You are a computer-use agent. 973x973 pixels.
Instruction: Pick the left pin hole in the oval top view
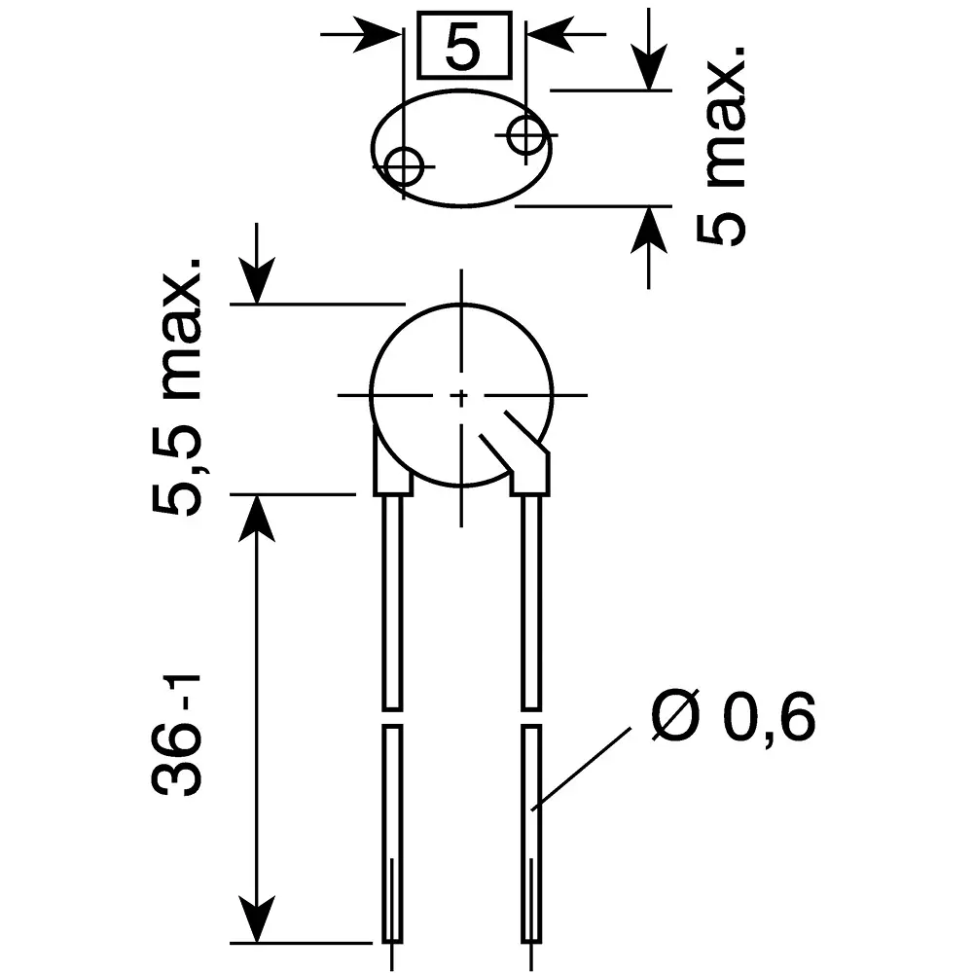[x=403, y=166]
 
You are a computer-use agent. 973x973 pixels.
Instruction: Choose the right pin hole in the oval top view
[x=526, y=135]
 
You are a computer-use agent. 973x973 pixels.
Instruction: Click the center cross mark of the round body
[x=461, y=396]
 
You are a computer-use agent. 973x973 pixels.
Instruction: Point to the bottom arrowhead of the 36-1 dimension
[x=258, y=923]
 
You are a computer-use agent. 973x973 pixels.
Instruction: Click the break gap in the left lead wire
[x=390, y=717]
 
